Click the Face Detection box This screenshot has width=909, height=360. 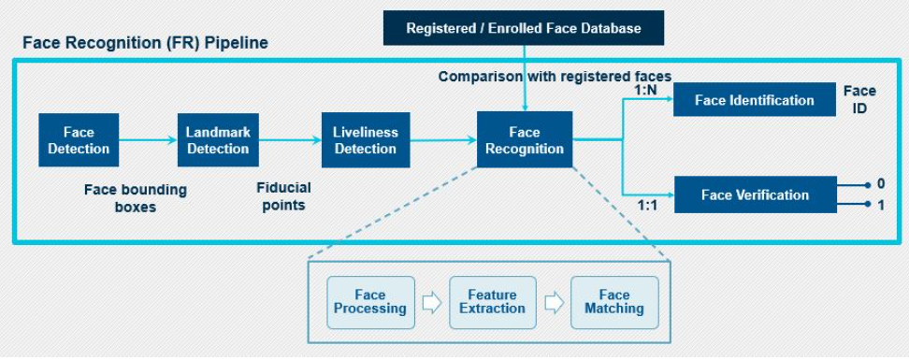click(79, 140)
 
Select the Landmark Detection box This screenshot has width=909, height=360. click(218, 140)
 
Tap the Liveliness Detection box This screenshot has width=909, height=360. click(365, 140)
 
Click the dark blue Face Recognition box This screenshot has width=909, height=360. click(524, 140)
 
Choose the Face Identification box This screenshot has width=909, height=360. click(755, 100)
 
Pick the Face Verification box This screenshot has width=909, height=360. click(755, 194)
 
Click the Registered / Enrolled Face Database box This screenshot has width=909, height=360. click(523, 28)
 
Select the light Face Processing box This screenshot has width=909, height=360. click(370, 302)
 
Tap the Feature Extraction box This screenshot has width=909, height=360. click(492, 302)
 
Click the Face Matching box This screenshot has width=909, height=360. click(614, 302)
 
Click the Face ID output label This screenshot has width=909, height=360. click(859, 99)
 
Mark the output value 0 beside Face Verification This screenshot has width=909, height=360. click(880, 185)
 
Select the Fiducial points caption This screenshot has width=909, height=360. click(283, 196)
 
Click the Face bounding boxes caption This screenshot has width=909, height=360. click(136, 198)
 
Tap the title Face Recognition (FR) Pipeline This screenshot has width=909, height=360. click(145, 44)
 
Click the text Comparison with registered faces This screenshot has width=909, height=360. click(555, 77)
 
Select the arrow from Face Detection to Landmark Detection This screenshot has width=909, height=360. click(148, 140)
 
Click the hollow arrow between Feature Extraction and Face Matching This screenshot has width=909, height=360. click(554, 302)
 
